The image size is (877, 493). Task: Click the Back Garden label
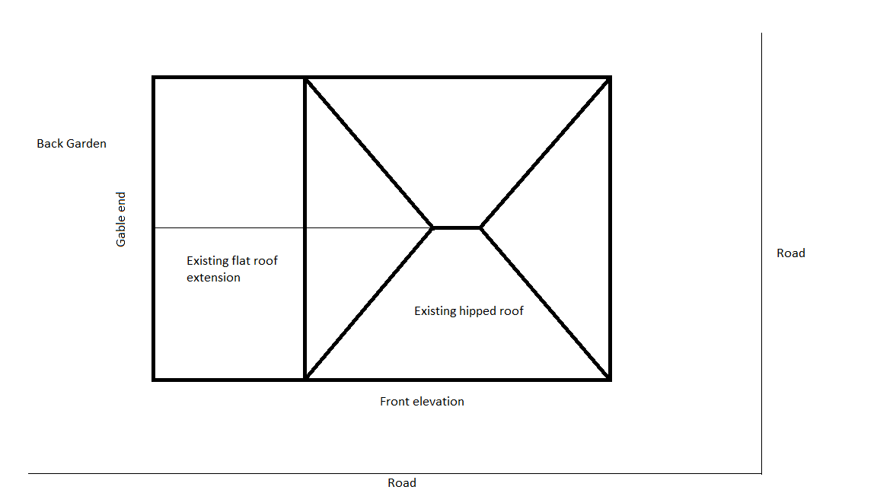(x=72, y=144)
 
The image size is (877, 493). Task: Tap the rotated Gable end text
(x=121, y=219)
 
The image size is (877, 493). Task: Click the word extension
(x=213, y=277)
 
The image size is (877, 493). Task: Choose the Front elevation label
(x=422, y=402)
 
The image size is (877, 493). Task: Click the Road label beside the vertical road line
(x=791, y=253)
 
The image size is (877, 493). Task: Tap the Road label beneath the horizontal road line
(x=402, y=483)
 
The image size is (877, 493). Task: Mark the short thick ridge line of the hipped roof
(x=457, y=228)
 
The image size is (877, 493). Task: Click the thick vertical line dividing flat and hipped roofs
(x=305, y=228)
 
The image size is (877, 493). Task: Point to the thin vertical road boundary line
(x=761, y=253)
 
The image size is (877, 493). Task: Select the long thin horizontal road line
(x=395, y=474)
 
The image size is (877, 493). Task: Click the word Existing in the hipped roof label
(x=435, y=311)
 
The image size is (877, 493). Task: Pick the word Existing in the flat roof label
(x=208, y=260)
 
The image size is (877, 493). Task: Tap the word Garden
(x=87, y=144)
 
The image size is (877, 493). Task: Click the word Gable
(x=121, y=233)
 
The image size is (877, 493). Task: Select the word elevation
(x=438, y=402)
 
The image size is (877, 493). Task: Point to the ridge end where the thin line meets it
(x=433, y=228)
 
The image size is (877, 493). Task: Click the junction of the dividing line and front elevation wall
(x=305, y=380)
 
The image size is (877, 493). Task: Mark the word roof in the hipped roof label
(x=512, y=311)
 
